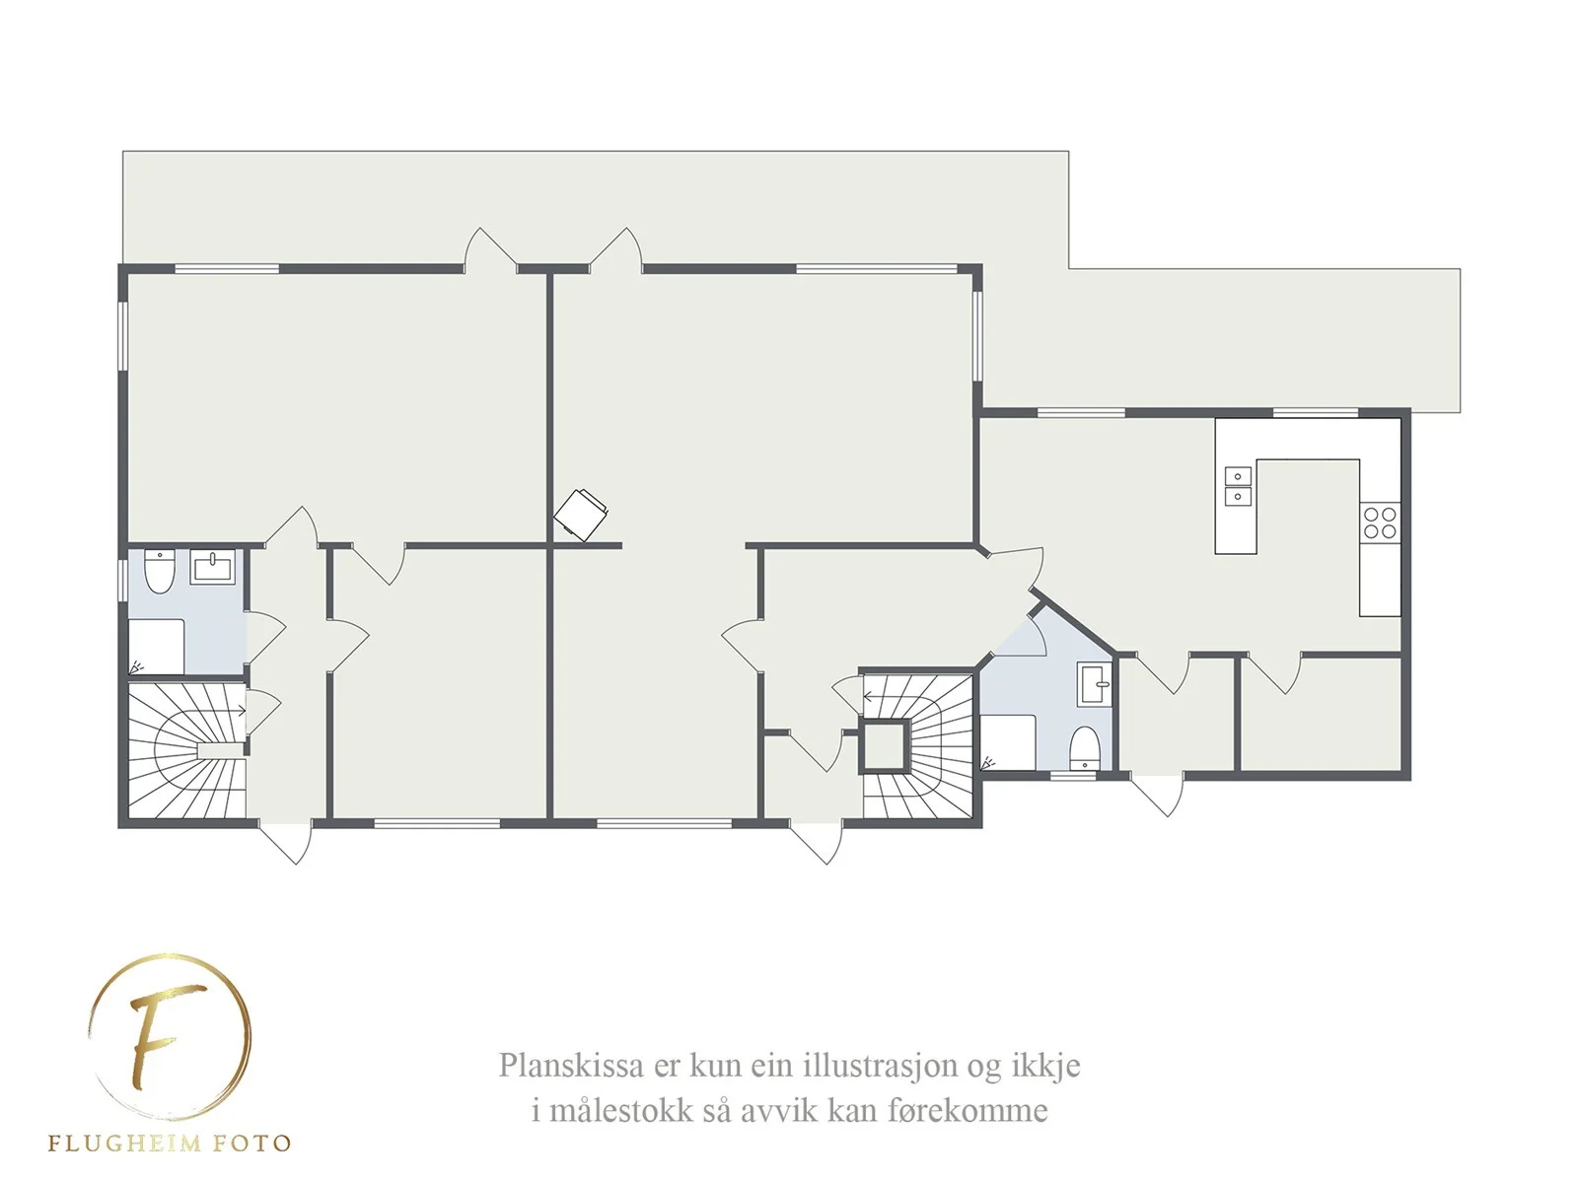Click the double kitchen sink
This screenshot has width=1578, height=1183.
(x=1237, y=486)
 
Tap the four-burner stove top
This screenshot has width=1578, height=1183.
(x=1380, y=522)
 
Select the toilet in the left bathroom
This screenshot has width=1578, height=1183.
(x=160, y=571)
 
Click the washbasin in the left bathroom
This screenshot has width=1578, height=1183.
(x=213, y=567)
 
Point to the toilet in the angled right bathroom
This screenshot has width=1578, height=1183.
(x=1084, y=747)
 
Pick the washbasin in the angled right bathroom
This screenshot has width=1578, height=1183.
(x=1094, y=684)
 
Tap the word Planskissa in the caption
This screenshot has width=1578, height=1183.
(x=571, y=1066)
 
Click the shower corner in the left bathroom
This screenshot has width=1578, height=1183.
(x=156, y=647)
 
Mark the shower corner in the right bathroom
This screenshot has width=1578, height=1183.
(x=1009, y=742)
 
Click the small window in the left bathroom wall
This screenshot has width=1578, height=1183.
(x=123, y=579)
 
